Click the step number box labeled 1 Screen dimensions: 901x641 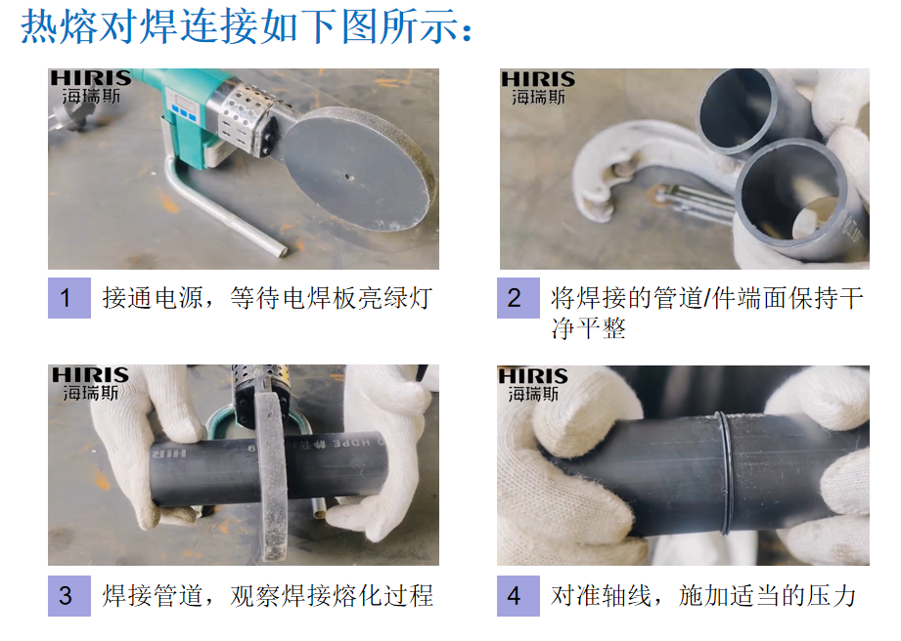(68, 298)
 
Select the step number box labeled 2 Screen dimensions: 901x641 (518, 298)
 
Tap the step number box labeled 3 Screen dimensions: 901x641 (68, 596)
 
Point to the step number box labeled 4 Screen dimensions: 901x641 (518, 596)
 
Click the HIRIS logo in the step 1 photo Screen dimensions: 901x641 (91, 87)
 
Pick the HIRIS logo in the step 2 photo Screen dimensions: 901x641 (538, 88)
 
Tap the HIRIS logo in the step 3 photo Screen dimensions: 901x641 (90, 384)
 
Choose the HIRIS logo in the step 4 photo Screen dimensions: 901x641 (532, 384)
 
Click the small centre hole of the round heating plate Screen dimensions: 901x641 (347, 176)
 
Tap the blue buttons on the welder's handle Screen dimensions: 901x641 (184, 113)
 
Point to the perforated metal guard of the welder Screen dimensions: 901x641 (242, 119)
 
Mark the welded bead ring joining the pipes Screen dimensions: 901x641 (725, 472)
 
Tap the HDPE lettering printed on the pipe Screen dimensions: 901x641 (351, 443)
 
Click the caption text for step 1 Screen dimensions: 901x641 (267, 298)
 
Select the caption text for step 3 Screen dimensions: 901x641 (267, 596)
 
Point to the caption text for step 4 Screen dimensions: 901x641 (703, 596)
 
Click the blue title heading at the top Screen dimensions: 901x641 (248, 26)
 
